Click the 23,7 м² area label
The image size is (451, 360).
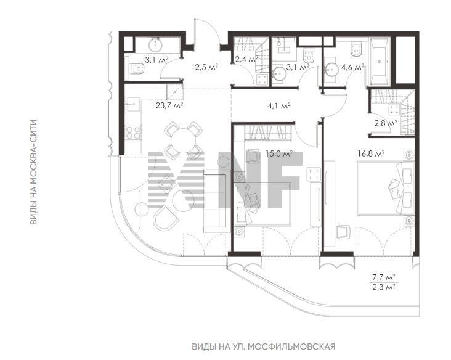pos(169,105)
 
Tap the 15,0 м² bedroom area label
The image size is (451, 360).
pos(279,153)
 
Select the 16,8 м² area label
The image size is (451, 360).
pos(372,153)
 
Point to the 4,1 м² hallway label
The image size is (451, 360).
pos(279,105)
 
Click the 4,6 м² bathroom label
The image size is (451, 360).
pos(352,67)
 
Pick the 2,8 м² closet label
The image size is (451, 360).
pos(386,124)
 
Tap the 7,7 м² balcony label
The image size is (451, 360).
pos(384,277)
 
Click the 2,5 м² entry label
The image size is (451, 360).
pos(206,67)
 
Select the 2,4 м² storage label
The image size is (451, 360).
pos(246,60)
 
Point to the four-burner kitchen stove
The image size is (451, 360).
pos(134,133)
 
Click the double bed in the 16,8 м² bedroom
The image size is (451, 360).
pos(386,188)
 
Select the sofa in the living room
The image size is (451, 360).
pos(215,201)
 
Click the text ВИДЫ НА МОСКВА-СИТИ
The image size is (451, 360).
pos(34,172)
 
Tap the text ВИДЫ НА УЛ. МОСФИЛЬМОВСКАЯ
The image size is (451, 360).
pos(264,346)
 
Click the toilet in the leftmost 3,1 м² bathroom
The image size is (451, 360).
pos(136,69)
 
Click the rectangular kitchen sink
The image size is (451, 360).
pos(132,104)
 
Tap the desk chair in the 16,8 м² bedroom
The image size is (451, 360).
pos(343,231)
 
